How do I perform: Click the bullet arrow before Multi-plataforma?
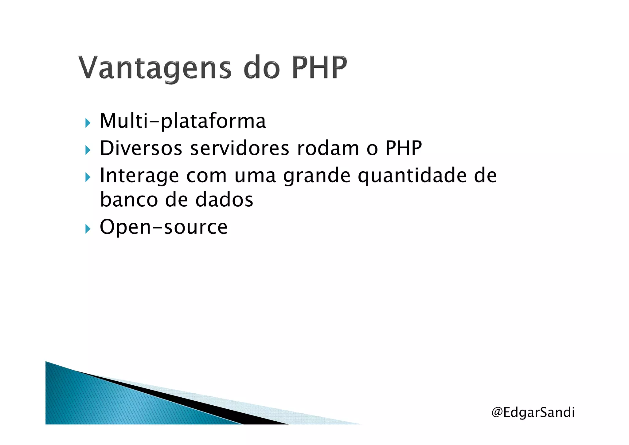(x=88, y=123)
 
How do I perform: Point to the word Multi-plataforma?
(x=183, y=121)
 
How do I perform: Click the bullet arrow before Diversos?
(x=88, y=150)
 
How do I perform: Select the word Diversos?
(x=141, y=148)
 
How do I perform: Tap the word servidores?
(x=240, y=148)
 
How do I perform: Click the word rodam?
(x=328, y=148)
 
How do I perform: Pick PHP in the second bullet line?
(x=403, y=148)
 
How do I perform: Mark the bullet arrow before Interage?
(x=88, y=177)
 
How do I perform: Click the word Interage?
(x=139, y=176)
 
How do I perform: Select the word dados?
(x=224, y=200)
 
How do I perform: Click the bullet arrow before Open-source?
(x=88, y=229)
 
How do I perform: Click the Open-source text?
(x=164, y=227)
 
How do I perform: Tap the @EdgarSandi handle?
(x=533, y=412)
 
